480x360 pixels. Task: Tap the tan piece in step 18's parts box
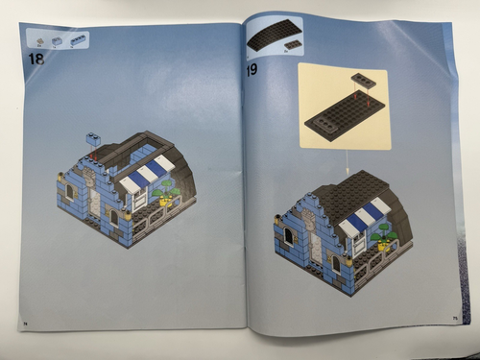coord(41,41)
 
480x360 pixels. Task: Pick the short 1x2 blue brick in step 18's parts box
coord(58,41)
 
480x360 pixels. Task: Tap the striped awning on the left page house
coord(141,172)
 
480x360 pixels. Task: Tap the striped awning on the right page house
coord(365,217)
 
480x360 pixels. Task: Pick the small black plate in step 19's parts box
coord(287,45)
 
